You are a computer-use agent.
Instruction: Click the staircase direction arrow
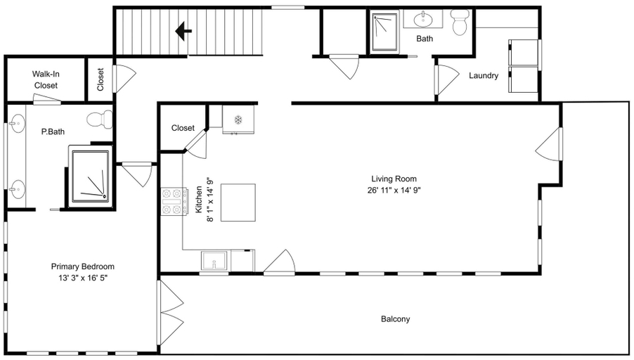183,31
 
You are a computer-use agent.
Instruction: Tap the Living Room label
394,179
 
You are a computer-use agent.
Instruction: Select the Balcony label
396,319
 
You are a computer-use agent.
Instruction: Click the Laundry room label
484,76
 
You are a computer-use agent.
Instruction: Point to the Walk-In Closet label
46,79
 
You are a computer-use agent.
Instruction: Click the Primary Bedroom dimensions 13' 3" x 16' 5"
82,278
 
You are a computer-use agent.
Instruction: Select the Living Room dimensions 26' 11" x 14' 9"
394,190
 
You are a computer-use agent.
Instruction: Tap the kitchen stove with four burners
174,201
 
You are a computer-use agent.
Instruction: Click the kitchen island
238,202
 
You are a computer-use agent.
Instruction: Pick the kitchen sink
216,261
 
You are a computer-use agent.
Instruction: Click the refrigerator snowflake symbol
238,120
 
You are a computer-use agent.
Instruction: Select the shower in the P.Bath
91,176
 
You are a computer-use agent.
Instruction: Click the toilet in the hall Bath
460,22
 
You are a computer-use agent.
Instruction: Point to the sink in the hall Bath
423,18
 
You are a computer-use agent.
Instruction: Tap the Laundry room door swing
446,79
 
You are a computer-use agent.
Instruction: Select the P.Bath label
53,132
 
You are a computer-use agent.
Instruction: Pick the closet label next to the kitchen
183,128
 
